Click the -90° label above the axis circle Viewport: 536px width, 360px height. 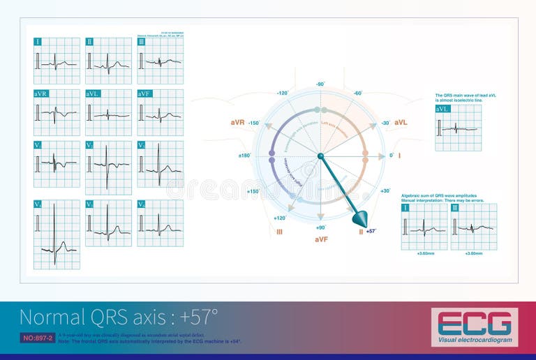pos(320,84)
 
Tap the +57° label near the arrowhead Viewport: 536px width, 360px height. pos(371,231)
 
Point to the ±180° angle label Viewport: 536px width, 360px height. pos(244,156)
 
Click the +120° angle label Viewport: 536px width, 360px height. pos(279,218)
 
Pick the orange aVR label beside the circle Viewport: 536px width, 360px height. pos(237,123)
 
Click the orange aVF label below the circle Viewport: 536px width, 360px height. pos(321,239)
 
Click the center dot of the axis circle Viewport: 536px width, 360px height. pos(320,156)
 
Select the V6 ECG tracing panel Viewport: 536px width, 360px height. pos(160,223)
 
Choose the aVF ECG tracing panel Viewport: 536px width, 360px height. pos(160,112)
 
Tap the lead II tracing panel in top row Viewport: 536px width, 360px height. pos(108,61)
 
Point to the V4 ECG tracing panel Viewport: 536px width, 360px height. pos(57,234)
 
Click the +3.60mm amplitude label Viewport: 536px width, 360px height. pos(424,254)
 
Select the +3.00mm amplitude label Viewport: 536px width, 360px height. pos(474,254)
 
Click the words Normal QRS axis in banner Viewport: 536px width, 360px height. pos(91,317)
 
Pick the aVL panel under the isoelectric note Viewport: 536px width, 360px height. pos(458,128)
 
